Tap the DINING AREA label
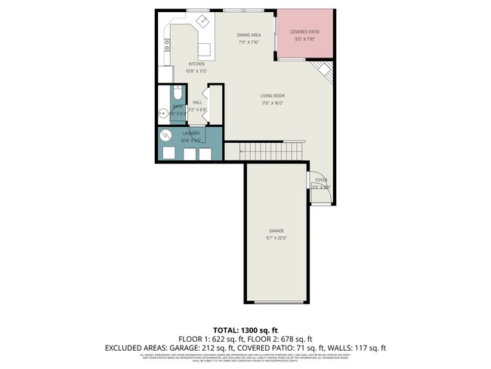point(249,35)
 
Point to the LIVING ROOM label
point(272,96)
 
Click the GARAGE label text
point(276,231)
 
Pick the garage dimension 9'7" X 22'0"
point(276,238)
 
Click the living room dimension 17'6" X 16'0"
point(272,104)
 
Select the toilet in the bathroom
point(176,95)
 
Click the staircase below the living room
point(272,151)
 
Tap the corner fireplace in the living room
point(324,72)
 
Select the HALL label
point(197,102)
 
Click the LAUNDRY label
point(190,133)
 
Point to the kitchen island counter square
point(204,50)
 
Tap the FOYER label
point(321,180)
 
